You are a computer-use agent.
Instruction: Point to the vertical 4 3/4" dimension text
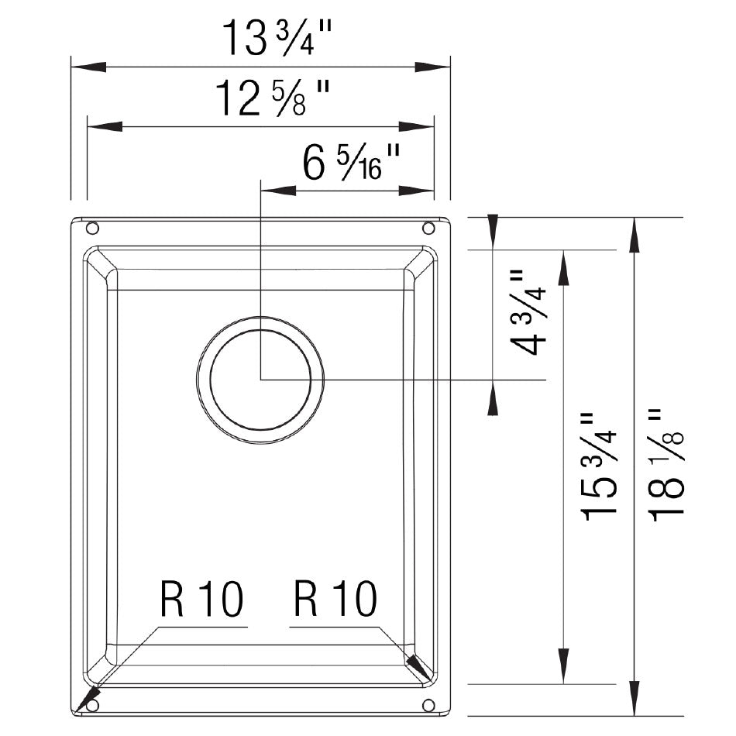tap(529, 312)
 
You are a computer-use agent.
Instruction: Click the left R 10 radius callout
tap(201, 600)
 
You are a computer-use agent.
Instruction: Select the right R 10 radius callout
tap(335, 600)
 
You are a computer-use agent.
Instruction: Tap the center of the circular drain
tap(260, 379)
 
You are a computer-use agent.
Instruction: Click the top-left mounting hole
tap(92, 229)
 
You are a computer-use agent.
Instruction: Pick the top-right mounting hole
tap(428, 229)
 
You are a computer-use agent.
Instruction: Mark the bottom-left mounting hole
tap(92, 705)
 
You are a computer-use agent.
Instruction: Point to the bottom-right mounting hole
tap(428, 705)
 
